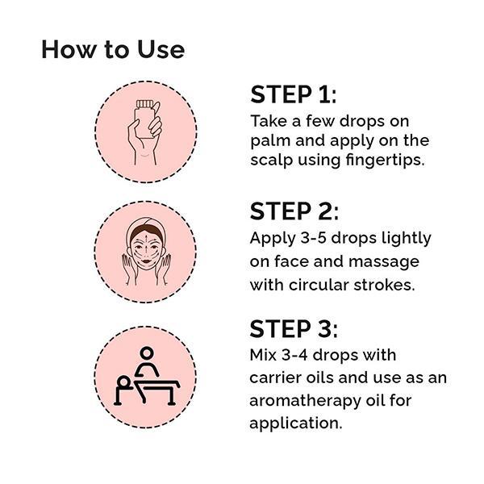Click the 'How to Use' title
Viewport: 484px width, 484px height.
pos(113,49)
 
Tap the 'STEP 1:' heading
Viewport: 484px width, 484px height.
pos(293,94)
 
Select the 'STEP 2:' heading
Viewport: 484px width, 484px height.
pos(294,211)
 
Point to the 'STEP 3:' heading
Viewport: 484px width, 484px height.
pos(294,329)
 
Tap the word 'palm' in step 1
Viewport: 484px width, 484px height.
pos(270,141)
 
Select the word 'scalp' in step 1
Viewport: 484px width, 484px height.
pos(271,161)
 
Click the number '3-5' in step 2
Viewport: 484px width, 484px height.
pos(313,238)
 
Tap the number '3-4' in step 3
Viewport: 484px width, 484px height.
pos(294,355)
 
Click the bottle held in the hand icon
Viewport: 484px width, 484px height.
pos(144,119)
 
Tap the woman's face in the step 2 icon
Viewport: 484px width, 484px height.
pos(146,249)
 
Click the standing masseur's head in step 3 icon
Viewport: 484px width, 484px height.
pos(147,353)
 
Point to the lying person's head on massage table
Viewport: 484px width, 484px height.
pos(124,382)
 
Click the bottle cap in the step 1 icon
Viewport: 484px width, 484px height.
pos(144,104)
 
